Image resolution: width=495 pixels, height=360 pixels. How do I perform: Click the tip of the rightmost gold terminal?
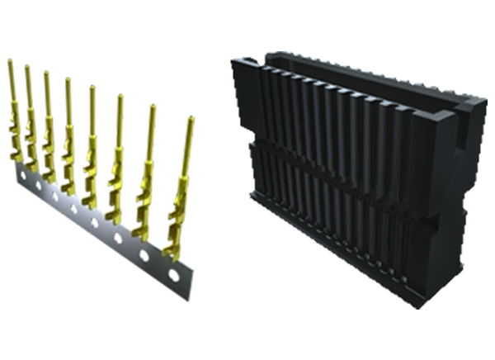click(x=191, y=121)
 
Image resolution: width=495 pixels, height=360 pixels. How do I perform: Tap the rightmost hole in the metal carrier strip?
click(x=172, y=276)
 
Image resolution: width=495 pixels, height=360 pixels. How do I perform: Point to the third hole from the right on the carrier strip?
click(x=116, y=239)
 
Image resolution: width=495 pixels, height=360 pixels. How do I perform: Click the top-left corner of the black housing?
click(x=235, y=60)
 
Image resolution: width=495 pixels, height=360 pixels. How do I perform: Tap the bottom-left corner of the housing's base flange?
click(x=252, y=198)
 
